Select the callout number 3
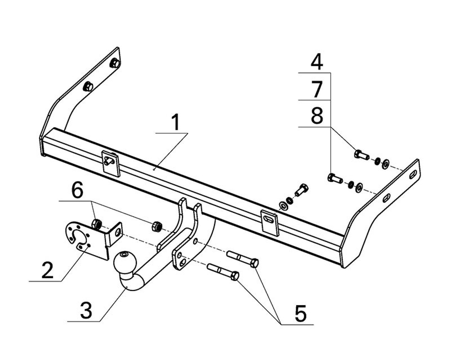tap(86, 310)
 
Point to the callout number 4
tap(317, 62)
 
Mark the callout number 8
tap(317, 116)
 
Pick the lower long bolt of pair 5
tap(223, 271)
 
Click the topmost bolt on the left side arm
tap(114, 63)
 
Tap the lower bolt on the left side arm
tap(89, 86)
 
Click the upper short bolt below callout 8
tap(361, 155)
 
